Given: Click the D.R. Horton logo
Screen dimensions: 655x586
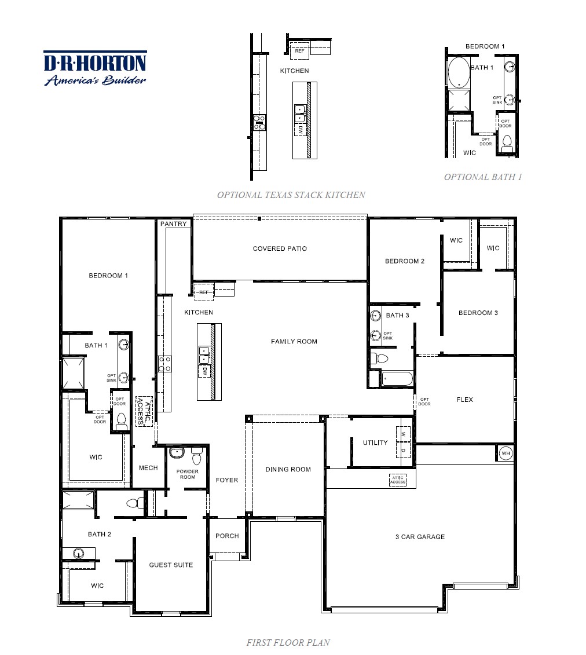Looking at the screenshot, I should coord(95,68).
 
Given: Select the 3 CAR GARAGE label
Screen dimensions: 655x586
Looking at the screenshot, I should coord(420,537).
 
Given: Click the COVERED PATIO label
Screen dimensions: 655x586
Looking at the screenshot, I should coord(280,248).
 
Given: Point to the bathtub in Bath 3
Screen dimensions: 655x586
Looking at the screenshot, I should coord(397,380).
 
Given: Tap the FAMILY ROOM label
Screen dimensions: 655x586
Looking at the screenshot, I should coord(294,342).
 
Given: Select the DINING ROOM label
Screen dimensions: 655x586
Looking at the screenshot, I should coord(288,469).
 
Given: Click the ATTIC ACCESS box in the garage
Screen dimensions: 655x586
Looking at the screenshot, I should coord(397,480).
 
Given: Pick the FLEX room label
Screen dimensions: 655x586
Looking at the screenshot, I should coord(464,400).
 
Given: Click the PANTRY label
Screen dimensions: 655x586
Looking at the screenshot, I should coord(174,224).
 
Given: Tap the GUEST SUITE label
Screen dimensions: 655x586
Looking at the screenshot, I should coord(171,565).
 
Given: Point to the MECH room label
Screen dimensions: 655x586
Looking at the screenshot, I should coord(148,468).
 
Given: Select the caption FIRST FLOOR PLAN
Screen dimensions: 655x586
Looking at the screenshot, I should coord(288,642).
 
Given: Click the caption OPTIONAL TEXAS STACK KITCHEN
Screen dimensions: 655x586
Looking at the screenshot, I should coord(291,195).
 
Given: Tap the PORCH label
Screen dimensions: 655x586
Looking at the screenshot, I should coord(227,536).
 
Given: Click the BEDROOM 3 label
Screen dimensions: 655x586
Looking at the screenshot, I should coord(478,313).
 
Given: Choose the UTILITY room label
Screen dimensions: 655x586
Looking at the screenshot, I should coord(375,442).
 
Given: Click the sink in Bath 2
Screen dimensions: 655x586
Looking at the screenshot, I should coord(78,553).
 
